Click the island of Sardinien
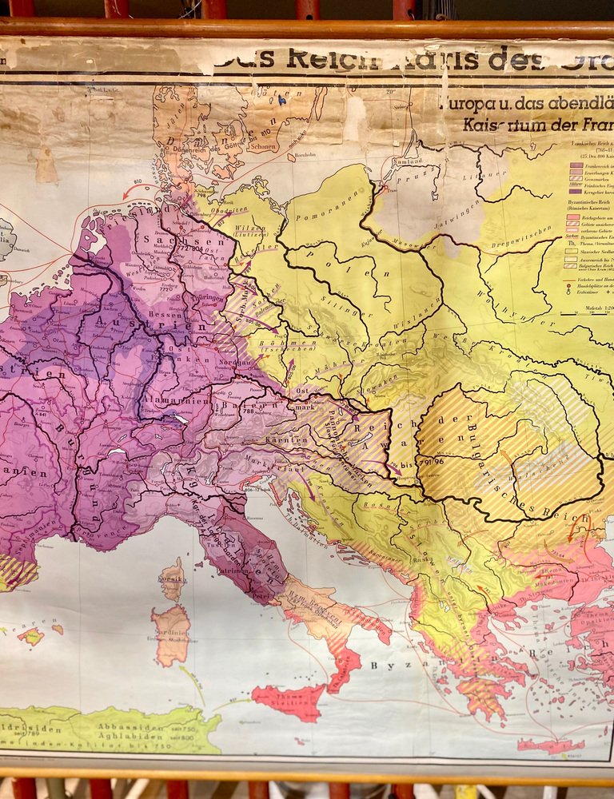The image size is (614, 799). coord(171,634)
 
